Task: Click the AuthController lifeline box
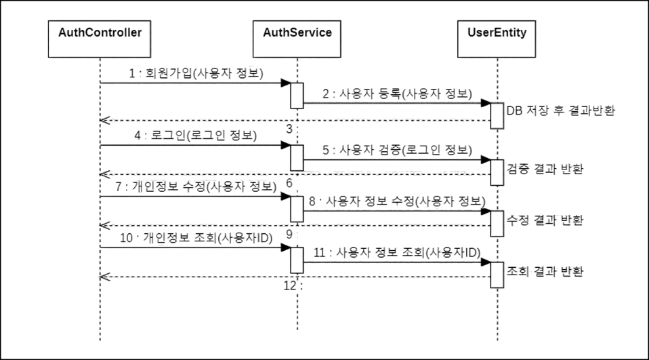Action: (x=100, y=32)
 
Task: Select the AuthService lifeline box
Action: (x=297, y=32)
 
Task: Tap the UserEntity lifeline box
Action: (x=497, y=32)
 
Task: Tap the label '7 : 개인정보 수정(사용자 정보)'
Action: (x=192, y=186)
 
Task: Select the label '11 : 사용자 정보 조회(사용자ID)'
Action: (x=397, y=252)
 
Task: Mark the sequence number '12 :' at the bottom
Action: (x=291, y=285)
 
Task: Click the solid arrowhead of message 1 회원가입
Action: (x=287, y=83)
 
